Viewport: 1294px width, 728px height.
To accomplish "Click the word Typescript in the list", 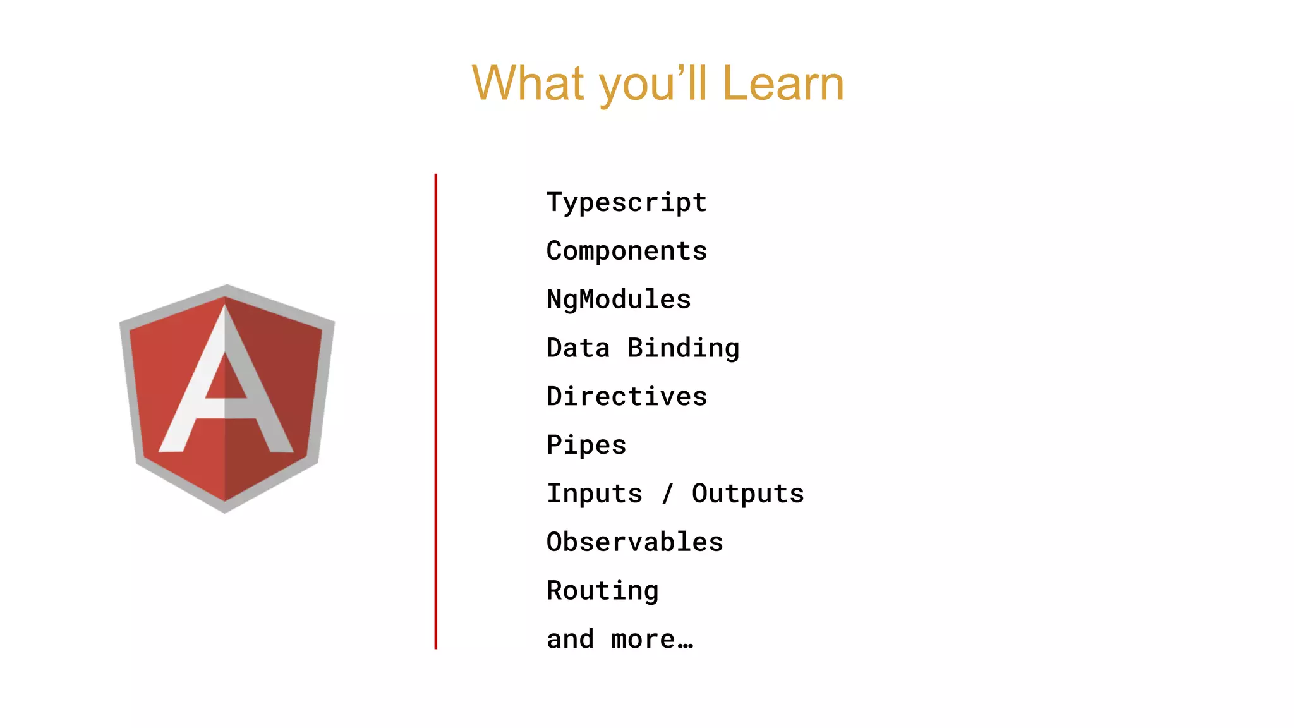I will point(626,203).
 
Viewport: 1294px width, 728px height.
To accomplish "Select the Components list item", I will point(626,252).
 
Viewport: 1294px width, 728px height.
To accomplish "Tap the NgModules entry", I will point(619,300).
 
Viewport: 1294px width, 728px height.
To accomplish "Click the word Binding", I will point(683,348).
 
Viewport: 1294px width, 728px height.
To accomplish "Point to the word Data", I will point(578,348).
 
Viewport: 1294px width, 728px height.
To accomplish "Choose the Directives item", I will point(626,397).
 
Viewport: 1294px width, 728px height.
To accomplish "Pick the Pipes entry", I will point(586,446).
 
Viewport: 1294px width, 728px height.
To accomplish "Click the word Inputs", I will point(595,494).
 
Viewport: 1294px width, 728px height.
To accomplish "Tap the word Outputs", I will point(747,494).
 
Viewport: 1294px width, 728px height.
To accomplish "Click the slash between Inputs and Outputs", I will point(667,494).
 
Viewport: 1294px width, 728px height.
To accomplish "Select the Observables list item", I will point(634,542).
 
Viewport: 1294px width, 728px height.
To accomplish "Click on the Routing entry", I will point(602,591).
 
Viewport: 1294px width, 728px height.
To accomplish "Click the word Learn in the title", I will point(782,83).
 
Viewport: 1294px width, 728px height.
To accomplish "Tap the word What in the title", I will point(528,83).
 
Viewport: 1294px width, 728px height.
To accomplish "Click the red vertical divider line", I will point(436,411).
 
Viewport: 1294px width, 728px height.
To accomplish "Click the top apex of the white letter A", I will point(225,308).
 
